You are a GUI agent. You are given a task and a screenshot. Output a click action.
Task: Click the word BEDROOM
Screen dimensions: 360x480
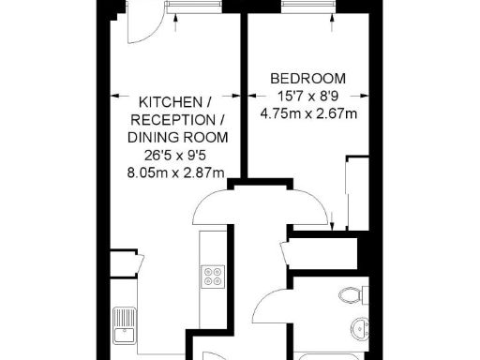[x=307, y=78]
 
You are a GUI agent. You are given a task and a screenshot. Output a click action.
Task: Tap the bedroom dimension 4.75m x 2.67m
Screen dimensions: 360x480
[x=308, y=115]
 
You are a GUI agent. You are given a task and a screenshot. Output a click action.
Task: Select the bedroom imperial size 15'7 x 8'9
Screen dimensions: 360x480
[x=307, y=97]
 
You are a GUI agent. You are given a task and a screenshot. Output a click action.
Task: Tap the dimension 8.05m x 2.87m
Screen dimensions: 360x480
[x=176, y=172]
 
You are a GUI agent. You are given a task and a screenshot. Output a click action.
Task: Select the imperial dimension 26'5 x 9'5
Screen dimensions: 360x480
[x=177, y=155]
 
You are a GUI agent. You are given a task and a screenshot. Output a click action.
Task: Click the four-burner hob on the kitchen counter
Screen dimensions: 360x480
[x=212, y=277]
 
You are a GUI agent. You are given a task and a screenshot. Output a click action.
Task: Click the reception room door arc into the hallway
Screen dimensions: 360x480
[x=214, y=203]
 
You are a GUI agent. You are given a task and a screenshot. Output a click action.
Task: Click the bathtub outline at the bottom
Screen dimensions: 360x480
[x=328, y=354]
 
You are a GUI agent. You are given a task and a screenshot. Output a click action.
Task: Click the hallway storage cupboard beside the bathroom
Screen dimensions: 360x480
[x=323, y=251]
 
